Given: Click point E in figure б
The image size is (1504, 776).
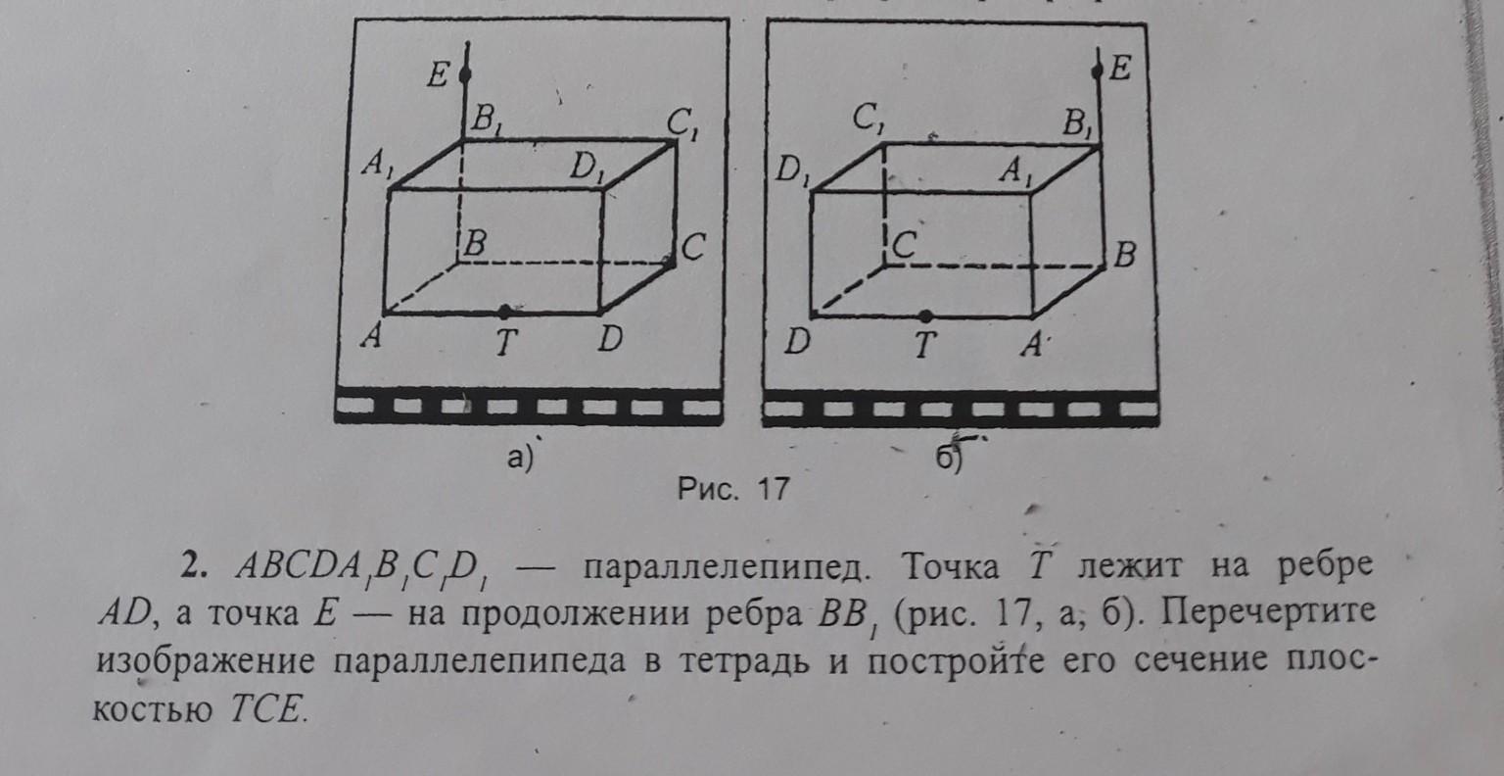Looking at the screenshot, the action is pyautogui.click(x=1098, y=69).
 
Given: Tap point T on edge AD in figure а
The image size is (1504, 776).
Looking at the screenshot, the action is pyautogui.click(x=503, y=312).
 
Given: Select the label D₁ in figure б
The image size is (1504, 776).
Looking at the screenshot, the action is pyautogui.click(x=788, y=172).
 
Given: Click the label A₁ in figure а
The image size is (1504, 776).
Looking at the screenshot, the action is pyautogui.click(x=374, y=167).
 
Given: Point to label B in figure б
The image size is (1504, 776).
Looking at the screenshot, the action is pyautogui.click(x=1124, y=258).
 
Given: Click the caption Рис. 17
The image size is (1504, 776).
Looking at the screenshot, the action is pyautogui.click(x=734, y=488).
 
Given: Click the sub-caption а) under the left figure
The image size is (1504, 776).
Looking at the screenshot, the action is pyautogui.click(x=519, y=458).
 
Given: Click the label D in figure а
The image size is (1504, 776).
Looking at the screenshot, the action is pyautogui.click(x=610, y=342).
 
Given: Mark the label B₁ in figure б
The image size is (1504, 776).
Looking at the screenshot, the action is pyautogui.click(x=1081, y=125).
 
